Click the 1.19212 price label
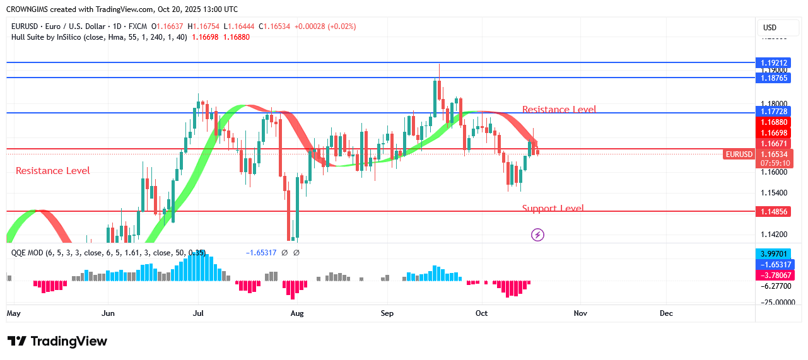pyautogui.click(x=773, y=62)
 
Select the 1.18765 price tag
pyautogui.click(x=773, y=77)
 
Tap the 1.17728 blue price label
pyautogui.click(x=773, y=112)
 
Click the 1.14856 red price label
pyautogui.click(x=773, y=212)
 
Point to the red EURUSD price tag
pyautogui.click(x=739, y=154)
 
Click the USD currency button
pyautogui.click(x=770, y=28)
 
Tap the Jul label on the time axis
pyautogui.click(x=198, y=313)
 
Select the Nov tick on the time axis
pyautogui.click(x=580, y=313)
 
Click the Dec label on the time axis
pyautogui.click(x=666, y=313)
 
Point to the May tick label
pyautogui.click(x=13, y=313)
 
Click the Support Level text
pyautogui.click(x=553, y=208)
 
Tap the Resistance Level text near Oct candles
pyautogui.click(x=559, y=110)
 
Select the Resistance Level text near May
pyautogui.click(x=53, y=171)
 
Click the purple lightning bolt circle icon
pyautogui.click(x=537, y=235)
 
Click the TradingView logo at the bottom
pyautogui.click(x=57, y=341)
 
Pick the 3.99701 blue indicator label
pyautogui.click(x=773, y=253)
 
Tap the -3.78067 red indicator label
pyautogui.click(x=773, y=275)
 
